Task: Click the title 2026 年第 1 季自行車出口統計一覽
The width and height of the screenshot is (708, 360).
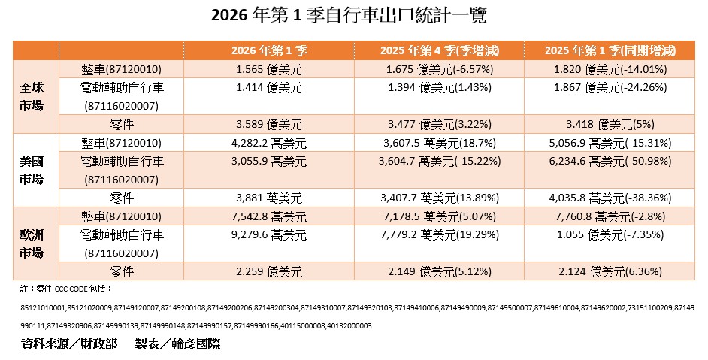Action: (x=353, y=16)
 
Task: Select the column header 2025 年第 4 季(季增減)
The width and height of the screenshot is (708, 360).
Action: (x=440, y=51)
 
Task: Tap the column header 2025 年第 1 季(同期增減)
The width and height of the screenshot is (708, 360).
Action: (x=610, y=51)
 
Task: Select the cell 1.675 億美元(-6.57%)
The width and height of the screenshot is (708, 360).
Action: (x=440, y=69)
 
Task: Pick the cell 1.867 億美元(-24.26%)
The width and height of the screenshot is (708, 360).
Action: (x=610, y=87)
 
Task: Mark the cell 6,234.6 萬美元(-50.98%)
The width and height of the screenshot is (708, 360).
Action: (x=610, y=160)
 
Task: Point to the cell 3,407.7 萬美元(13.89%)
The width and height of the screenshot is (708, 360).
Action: (x=440, y=198)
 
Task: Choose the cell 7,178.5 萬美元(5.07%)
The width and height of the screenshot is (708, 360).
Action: (x=440, y=216)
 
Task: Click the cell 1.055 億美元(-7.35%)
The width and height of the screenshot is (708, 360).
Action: (x=610, y=234)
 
